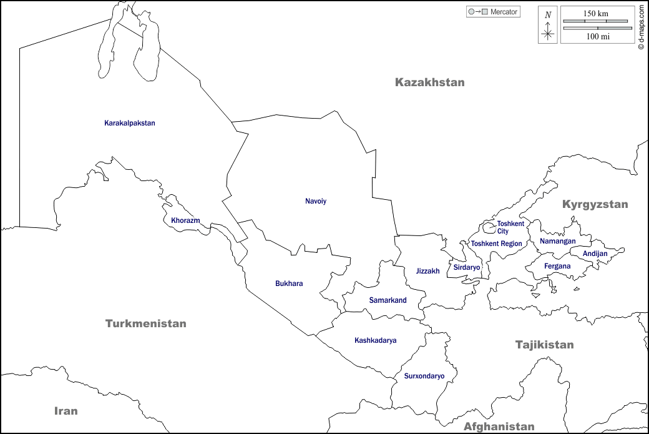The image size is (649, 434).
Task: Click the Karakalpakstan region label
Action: (x=129, y=123)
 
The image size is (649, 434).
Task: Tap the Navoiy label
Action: (x=316, y=201)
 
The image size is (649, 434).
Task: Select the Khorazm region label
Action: (x=185, y=220)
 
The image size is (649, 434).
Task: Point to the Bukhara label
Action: (x=289, y=284)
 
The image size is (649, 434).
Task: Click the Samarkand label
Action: (x=388, y=300)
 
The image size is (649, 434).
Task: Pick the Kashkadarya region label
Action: (x=375, y=340)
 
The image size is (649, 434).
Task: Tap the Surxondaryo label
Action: (x=424, y=376)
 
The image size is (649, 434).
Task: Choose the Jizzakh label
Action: (x=427, y=271)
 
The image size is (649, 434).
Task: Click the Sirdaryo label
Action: (x=467, y=267)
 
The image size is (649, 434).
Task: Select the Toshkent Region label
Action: (x=496, y=244)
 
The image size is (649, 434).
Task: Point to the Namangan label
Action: (x=557, y=241)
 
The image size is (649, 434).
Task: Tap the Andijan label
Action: (x=595, y=254)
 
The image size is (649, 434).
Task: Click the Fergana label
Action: (x=557, y=266)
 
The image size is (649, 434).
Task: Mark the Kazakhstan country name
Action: (x=430, y=82)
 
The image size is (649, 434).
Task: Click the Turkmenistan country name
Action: (x=146, y=323)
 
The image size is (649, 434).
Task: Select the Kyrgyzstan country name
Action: (x=595, y=204)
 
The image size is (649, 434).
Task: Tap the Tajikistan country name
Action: (x=544, y=345)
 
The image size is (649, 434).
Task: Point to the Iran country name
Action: (x=66, y=410)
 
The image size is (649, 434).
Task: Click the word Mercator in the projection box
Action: (x=504, y=12)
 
